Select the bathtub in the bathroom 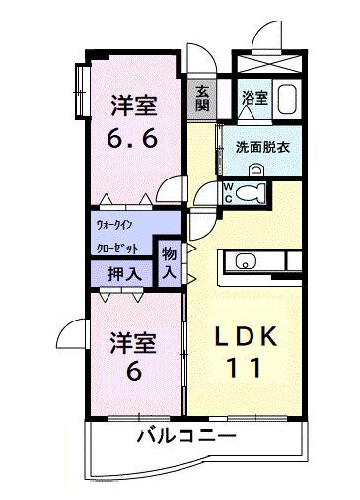point(289,99)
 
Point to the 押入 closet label point(123,273)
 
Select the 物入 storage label point(169,262)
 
